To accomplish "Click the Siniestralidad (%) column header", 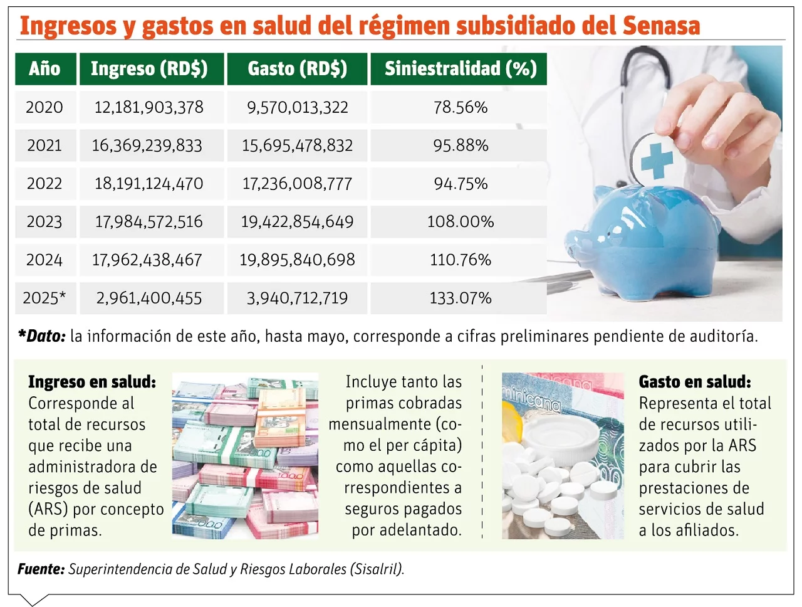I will coord(460,68).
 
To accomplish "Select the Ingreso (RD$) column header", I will coord(149,68).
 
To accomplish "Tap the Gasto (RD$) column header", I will coord(297,68).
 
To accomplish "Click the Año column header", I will coord(44,68).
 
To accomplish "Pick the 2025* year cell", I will coord(44,298).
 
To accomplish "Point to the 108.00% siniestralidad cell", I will coord(460,221).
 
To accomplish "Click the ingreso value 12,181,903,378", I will coord(149,107).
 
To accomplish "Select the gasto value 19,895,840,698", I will coord(297,260).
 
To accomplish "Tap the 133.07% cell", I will coord(460,298).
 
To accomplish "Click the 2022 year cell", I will coord(44,184).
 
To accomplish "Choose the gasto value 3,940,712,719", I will coord(297,298).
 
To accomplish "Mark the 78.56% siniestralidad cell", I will coord(460,107).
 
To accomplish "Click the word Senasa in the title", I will coord(661,26).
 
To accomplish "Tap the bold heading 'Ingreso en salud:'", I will coord(92,382).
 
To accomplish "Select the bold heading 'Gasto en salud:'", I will coord(694,382).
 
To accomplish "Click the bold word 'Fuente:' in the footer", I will coord(41,569).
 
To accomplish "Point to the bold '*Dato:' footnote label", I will coord(42,337).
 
